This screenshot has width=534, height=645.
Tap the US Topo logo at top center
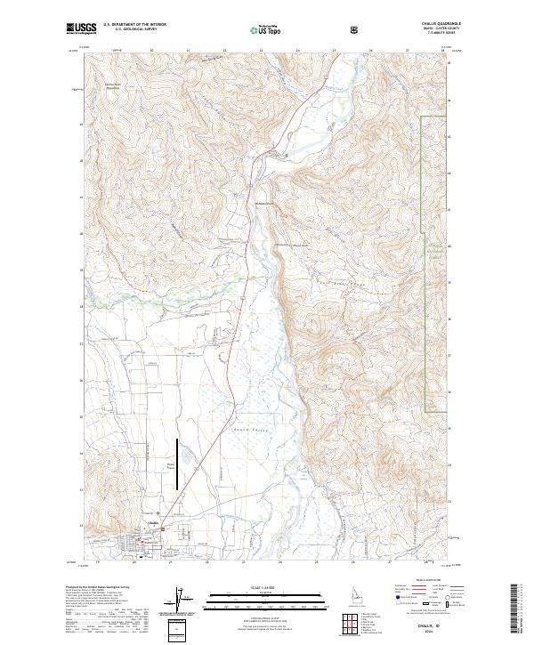point(264,29)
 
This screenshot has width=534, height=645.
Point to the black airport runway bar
point(176,464)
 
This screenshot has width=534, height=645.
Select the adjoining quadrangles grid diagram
point(348,620)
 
